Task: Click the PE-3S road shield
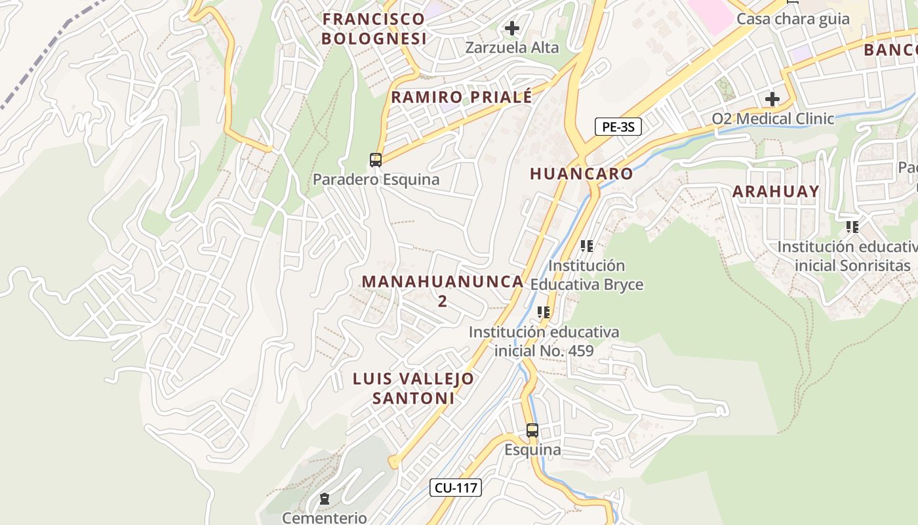tap(618, 127)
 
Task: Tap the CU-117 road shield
tap(456, 488)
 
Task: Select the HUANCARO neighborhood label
tap(581, 174)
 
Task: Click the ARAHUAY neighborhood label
tap(776, 192)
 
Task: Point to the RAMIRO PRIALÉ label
tap(462, 98)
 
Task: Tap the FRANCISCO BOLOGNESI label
tap(374, 29)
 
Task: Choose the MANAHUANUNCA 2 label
tap(443, 291)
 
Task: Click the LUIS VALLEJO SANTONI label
tap(413, 388)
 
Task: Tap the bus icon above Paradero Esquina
tap(376, 159)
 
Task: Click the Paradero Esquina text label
tap(376, 179)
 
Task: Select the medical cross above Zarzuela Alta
tap(512, 28)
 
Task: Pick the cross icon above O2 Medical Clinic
tap(772, 99)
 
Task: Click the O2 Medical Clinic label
tap(773, 119)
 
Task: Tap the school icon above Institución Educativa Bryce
tap(586, 246)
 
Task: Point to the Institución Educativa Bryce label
tap(587, 275)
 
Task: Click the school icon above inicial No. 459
tap(543, 312)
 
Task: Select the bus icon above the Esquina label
tap(532, 430)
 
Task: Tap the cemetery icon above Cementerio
tap(324, 499)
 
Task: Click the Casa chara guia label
tap(793, 19)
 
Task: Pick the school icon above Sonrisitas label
tap(852, 227)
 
